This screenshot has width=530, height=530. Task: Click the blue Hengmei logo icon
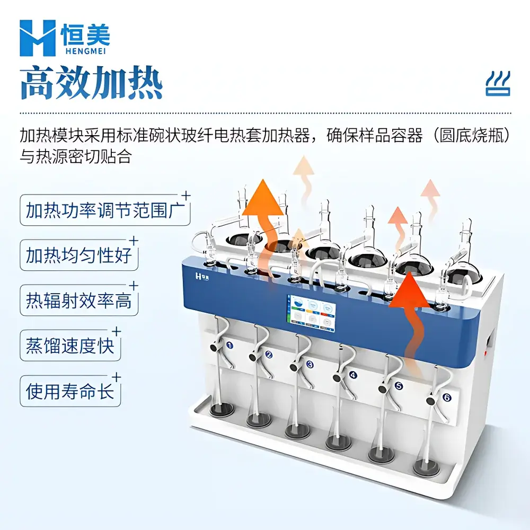click(x=37, y=38)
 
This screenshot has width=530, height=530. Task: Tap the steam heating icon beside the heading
click(x=498, y=84)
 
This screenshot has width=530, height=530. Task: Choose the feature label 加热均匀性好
click(x=78, y=256)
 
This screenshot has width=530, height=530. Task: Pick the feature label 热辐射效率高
click(x=78, y=301)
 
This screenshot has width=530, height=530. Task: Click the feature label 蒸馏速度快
click(x=70, y=346)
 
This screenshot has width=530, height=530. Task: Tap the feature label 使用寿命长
click(x=70, y=391)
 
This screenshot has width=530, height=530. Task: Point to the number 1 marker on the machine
click(x=229, y=345)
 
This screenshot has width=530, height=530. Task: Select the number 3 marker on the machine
click(x=310, y=365)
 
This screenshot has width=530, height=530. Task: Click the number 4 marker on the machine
click(x=353, y=375)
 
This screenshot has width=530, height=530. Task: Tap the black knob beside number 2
click(x=254, y=357)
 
